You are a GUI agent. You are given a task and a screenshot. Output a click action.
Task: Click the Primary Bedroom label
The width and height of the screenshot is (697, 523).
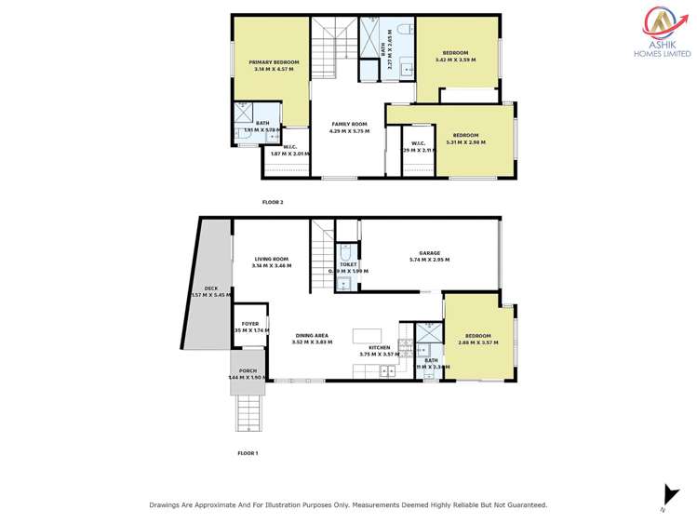click(x=273, y=65)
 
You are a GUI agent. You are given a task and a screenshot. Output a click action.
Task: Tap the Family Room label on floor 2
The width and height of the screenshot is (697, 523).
click(x=349, y=127)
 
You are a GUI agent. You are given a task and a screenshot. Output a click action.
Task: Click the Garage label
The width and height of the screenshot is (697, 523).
click(x=429, y=256)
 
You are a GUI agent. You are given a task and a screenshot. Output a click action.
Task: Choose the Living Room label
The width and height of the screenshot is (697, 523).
click(x=271, y=262)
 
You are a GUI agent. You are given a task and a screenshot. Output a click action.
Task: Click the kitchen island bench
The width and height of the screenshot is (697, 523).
click(x=367, y=336)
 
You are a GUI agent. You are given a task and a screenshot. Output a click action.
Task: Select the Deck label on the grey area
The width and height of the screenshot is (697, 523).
click(x=211, y=291)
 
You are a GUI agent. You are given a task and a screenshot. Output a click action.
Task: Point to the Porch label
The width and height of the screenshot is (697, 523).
click(x=248, y=374)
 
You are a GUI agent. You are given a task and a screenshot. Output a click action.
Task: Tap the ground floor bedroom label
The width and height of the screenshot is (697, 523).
click(x=478, y=339)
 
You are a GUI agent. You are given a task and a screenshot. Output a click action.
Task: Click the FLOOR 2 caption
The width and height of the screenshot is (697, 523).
click(x=273, y=201)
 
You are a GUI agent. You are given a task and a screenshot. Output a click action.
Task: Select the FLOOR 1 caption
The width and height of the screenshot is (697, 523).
click(x=248, y=452)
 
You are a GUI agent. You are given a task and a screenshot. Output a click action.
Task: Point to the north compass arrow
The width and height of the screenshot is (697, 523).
click(x=666, y=495)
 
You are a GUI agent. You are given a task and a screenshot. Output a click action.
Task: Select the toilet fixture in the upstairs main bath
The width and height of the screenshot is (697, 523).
click(x=403, y=30)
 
